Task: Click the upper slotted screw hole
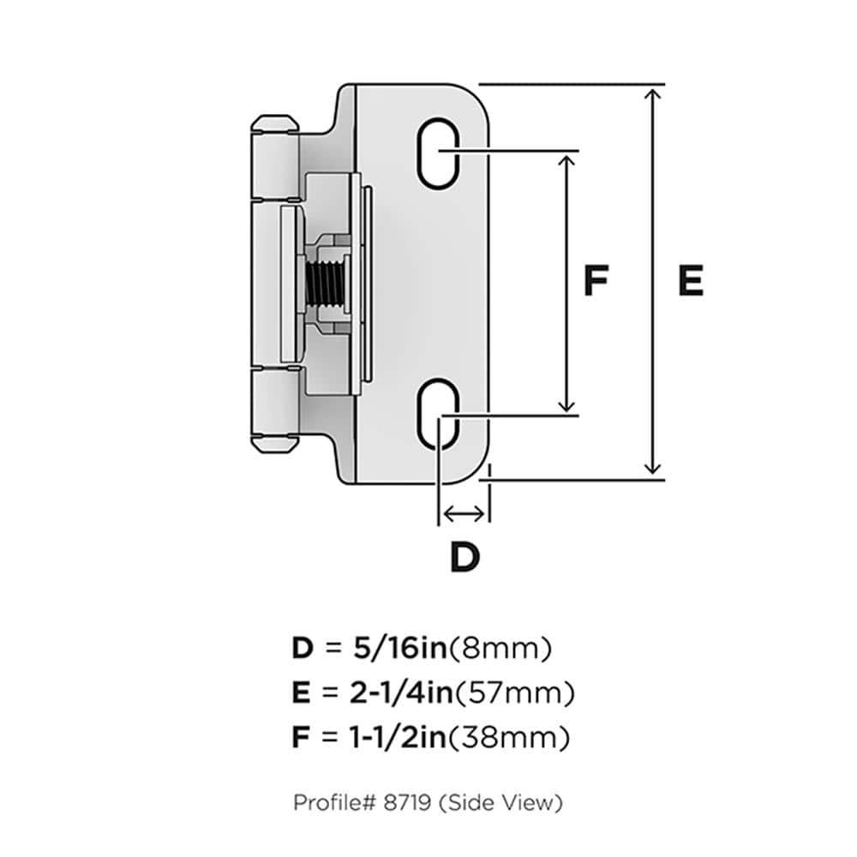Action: pyautogui.click(x=439, y=152)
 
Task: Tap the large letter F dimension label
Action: pyautogui.click(x=596, y=281)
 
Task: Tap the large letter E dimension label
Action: pyautogui.click(x=690, y=281)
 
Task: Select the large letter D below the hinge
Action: pyautogui.click(x=464, y=558)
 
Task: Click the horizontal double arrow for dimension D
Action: pyautogui.click(x=463, y=513)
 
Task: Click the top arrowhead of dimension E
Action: pyautogui.click(x=654, y=94)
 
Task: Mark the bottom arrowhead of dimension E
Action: pyautogui.click(x=654, y=466)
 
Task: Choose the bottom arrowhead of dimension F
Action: pyautogui.click(x=566, y=405)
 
